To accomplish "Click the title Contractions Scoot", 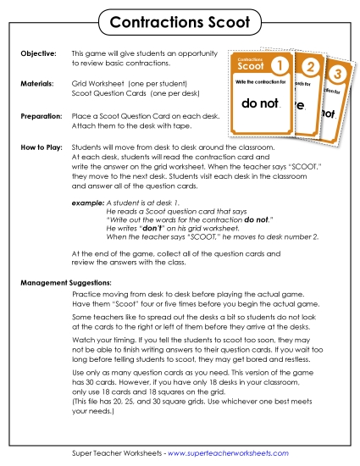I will click(180, 19).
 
